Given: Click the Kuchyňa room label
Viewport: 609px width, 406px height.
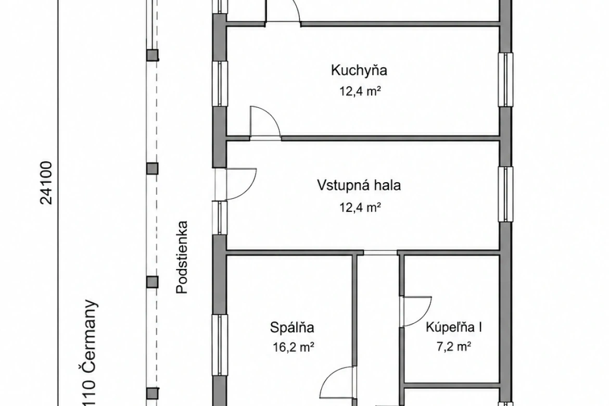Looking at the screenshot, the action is [x=359, y=70].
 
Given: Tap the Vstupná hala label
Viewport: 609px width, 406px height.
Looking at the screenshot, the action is [x=359, y=185].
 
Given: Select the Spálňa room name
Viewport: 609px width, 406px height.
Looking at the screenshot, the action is [x=292, y=327].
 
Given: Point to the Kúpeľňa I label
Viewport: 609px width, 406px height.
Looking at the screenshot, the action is [x=454, y=327].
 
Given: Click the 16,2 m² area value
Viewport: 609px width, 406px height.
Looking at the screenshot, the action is [x=293, y=347].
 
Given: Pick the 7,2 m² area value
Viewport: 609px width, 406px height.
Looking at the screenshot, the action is [x=454, y=347].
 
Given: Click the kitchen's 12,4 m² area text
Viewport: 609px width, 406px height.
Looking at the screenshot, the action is [x=360, y=91].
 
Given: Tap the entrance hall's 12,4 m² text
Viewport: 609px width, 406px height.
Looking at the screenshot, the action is [x=360, y=208].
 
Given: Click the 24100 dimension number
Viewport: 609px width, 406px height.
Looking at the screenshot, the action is [x=46, y=183].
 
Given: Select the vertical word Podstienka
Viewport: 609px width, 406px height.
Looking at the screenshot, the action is [x=182, y=257].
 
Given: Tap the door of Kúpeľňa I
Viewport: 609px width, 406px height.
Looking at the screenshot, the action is [x=417, y=312].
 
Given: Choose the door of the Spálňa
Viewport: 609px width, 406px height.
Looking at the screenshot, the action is [x=337, y=382].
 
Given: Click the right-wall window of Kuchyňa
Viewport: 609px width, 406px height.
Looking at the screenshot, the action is [x=505, y=79].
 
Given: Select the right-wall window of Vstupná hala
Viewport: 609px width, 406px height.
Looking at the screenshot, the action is [x=505, y=194].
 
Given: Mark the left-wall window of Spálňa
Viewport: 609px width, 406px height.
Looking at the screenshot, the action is [x=220, y=345].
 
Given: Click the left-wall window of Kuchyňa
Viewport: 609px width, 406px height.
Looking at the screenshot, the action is [x=220, y=83].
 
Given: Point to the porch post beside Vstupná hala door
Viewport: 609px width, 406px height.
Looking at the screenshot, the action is [x=152, y=168].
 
